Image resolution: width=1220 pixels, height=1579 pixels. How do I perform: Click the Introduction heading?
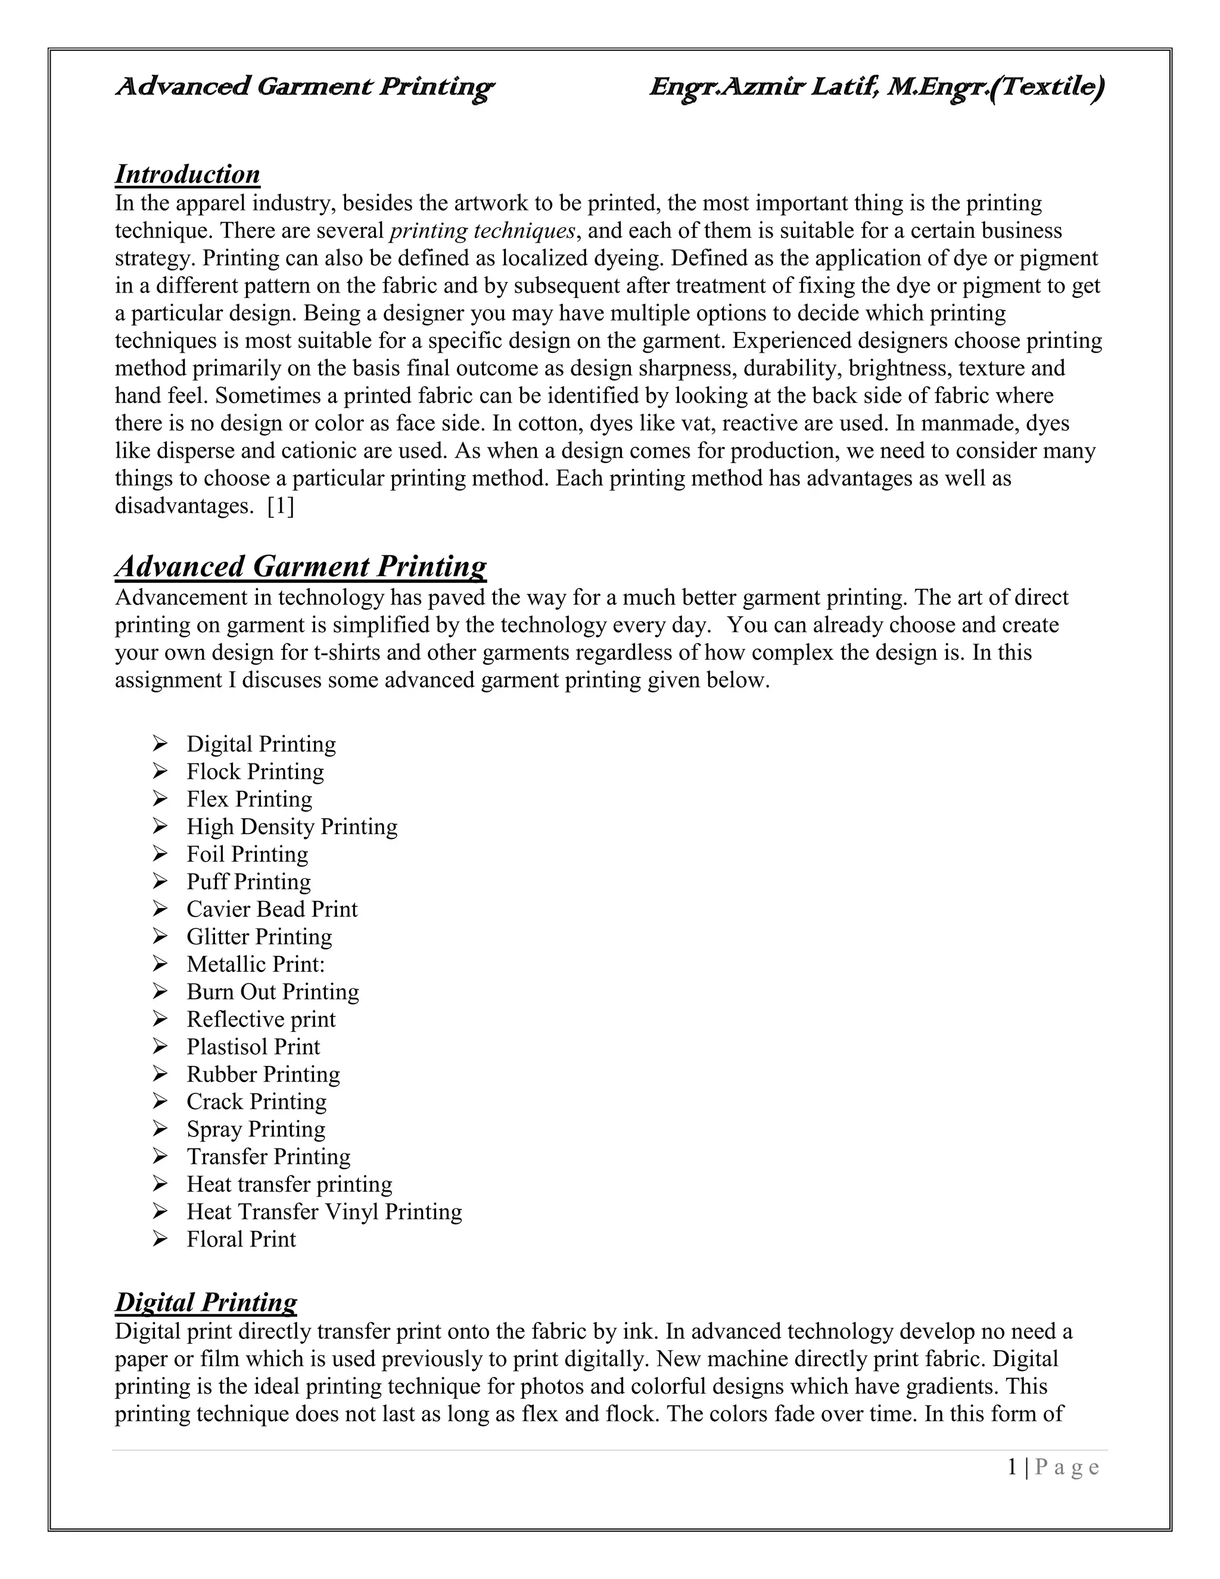[187, 174]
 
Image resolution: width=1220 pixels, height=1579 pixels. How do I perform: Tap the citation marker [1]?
[281, 505]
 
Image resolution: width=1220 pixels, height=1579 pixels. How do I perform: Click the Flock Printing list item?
[255, 772]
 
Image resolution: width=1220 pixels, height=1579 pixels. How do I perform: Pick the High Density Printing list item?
[292, 826]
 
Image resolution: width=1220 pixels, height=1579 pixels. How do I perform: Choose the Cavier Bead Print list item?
[272, 909]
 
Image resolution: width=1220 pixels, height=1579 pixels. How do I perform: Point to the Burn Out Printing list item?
[272, 991]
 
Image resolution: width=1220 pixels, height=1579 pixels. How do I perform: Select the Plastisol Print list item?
[253, 1046]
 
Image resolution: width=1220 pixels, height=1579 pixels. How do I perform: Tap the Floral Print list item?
[241, 1239]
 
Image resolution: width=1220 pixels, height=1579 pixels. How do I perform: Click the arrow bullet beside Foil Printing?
[160, 854]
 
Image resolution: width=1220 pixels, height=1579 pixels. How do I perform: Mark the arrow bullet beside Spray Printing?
[160, 1129]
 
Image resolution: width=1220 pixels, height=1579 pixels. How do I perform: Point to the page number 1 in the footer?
[1013, 1467]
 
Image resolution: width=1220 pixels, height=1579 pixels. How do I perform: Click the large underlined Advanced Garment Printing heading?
[301, 566]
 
